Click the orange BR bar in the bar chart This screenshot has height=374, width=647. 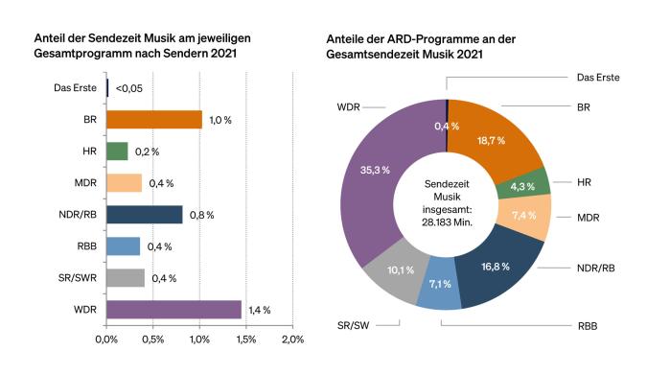coord(153,119)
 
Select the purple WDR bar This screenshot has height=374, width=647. coord(173,309)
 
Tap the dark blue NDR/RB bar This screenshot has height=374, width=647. coord(144,214)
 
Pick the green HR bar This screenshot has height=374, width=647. coord(117,151)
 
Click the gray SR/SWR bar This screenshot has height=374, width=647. coord(125,277)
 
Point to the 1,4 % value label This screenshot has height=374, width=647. coord(260,310)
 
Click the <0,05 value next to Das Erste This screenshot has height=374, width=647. coord(129,88)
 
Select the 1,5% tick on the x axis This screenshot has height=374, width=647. coord(246,339)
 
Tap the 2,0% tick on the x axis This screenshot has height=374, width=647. coord(292,339)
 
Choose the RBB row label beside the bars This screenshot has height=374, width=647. coord(85,245)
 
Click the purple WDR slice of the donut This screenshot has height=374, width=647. coord(374,182)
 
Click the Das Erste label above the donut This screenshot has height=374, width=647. coord(597,76)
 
